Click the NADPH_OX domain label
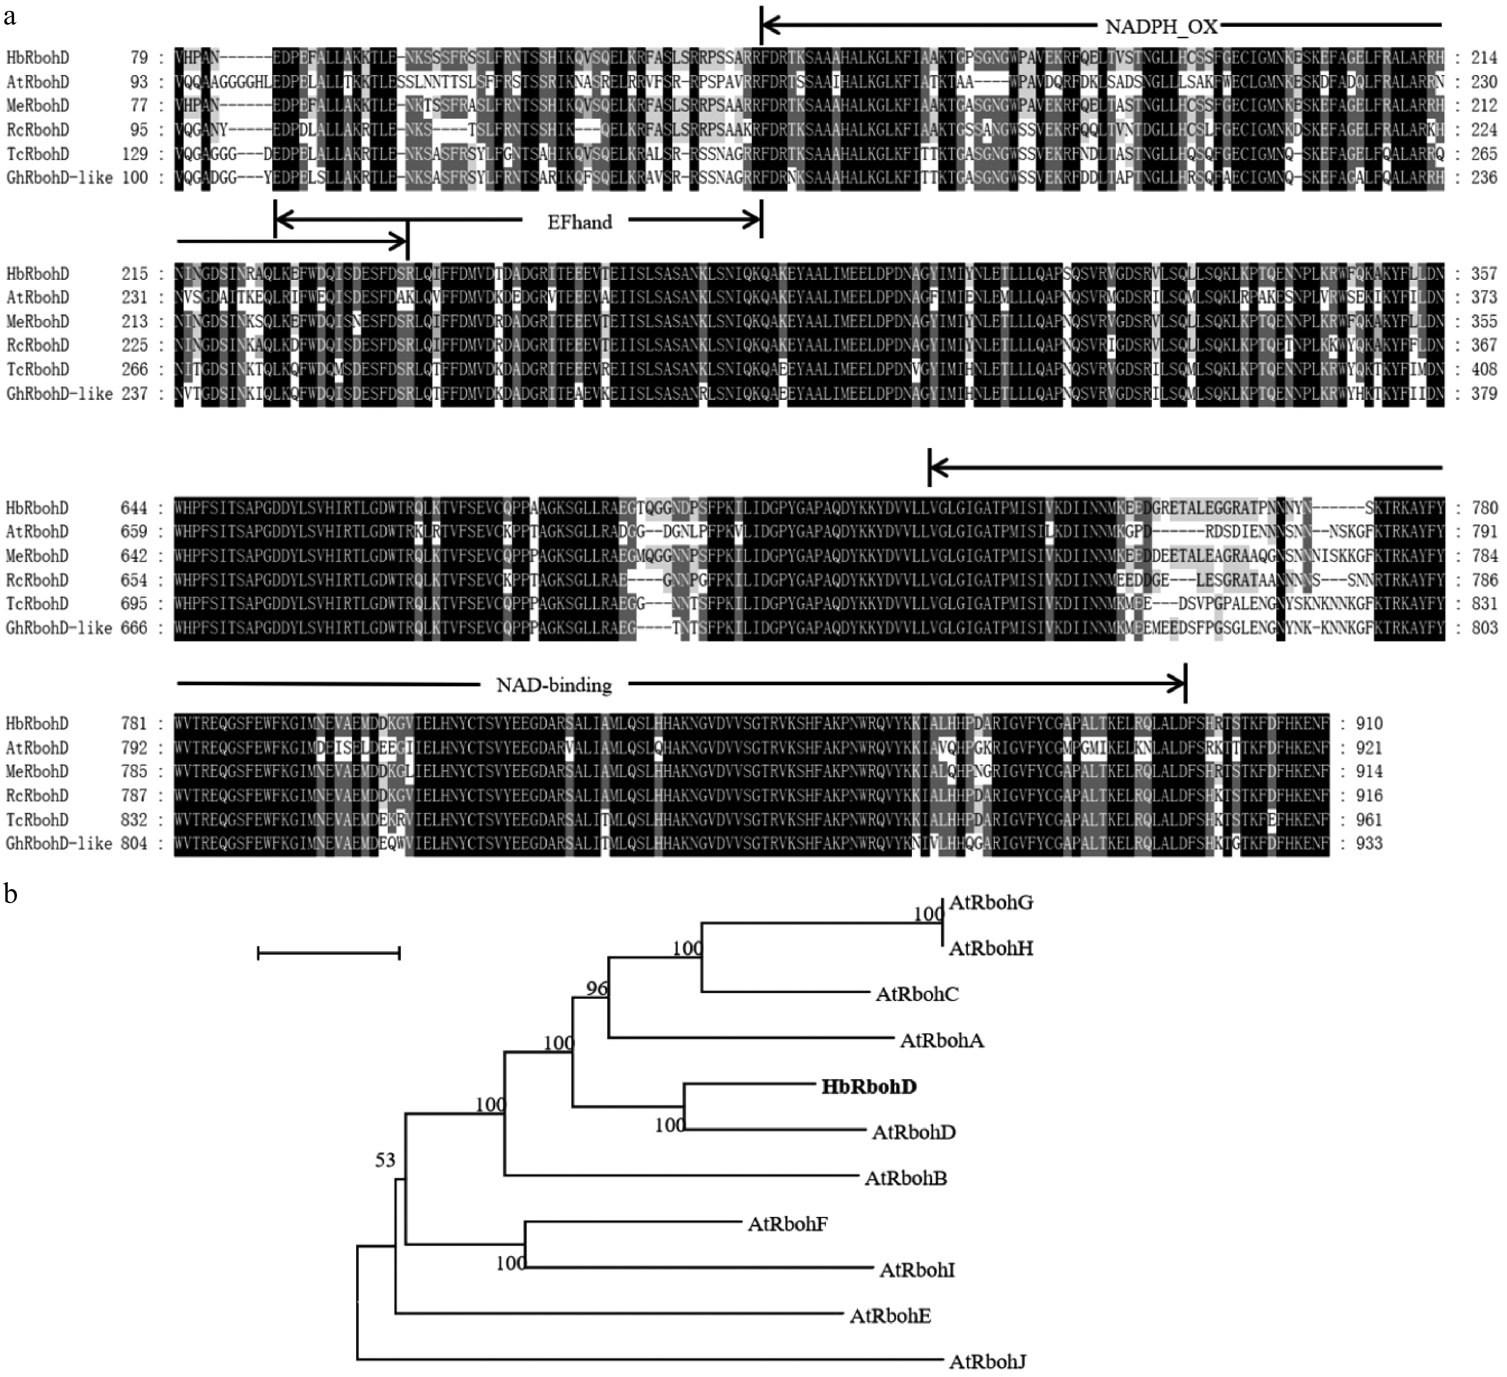[1161, 28]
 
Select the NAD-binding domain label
[554, 684]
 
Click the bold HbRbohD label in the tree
[869, 1086]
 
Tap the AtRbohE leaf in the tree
[890, 1316]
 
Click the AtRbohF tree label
[787, 1224]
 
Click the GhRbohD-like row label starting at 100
[60, 178]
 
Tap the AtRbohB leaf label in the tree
[905, 1178]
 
